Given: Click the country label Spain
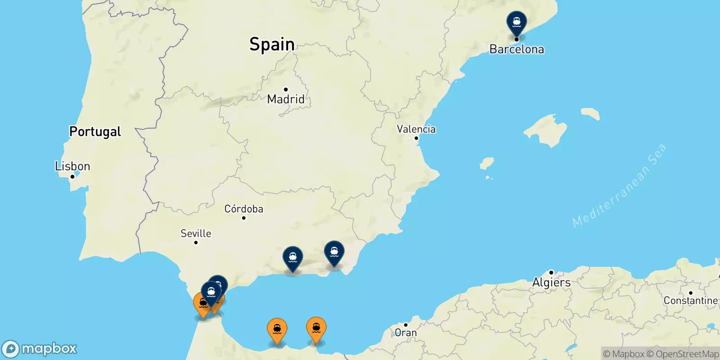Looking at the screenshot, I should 272,44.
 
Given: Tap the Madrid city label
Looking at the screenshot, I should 286,99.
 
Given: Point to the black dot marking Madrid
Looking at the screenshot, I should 286,90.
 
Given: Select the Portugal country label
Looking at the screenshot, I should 95,131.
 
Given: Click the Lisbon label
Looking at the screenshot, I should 72,166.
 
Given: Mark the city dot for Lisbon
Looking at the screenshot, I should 72,176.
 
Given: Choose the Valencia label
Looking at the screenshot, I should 416,129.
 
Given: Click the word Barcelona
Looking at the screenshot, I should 517,49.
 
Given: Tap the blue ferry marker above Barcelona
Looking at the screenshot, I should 517,22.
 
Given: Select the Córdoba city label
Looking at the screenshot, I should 243,209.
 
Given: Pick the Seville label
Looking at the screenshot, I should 196,234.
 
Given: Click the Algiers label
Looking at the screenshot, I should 551,283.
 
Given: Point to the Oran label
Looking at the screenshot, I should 405,333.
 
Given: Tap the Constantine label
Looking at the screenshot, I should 690,301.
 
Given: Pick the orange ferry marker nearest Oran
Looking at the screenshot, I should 316,328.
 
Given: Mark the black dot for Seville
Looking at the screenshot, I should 196,243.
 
